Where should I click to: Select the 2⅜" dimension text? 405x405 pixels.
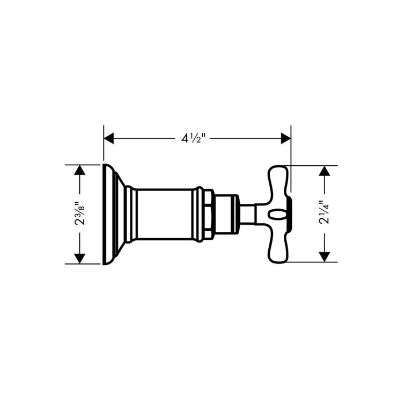pyautogui.click(x=79, y=214)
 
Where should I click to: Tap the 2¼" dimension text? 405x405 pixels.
pyautogui.click(x=323, y=213)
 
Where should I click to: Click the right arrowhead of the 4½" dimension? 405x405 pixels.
pyautogui.click(x=285, y=138)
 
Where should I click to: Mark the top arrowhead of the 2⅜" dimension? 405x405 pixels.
pyautogui.click(x=79, y=171)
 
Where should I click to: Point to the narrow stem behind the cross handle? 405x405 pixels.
pyautogui.click(x=247, y=214)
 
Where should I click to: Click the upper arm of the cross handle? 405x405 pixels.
pyautogui.click(x=278, y=180)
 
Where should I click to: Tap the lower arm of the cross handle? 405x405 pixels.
pyautogui.click(x=278, y=249)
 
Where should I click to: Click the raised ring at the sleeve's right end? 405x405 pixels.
pyautogui.click(x=200, y=214)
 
